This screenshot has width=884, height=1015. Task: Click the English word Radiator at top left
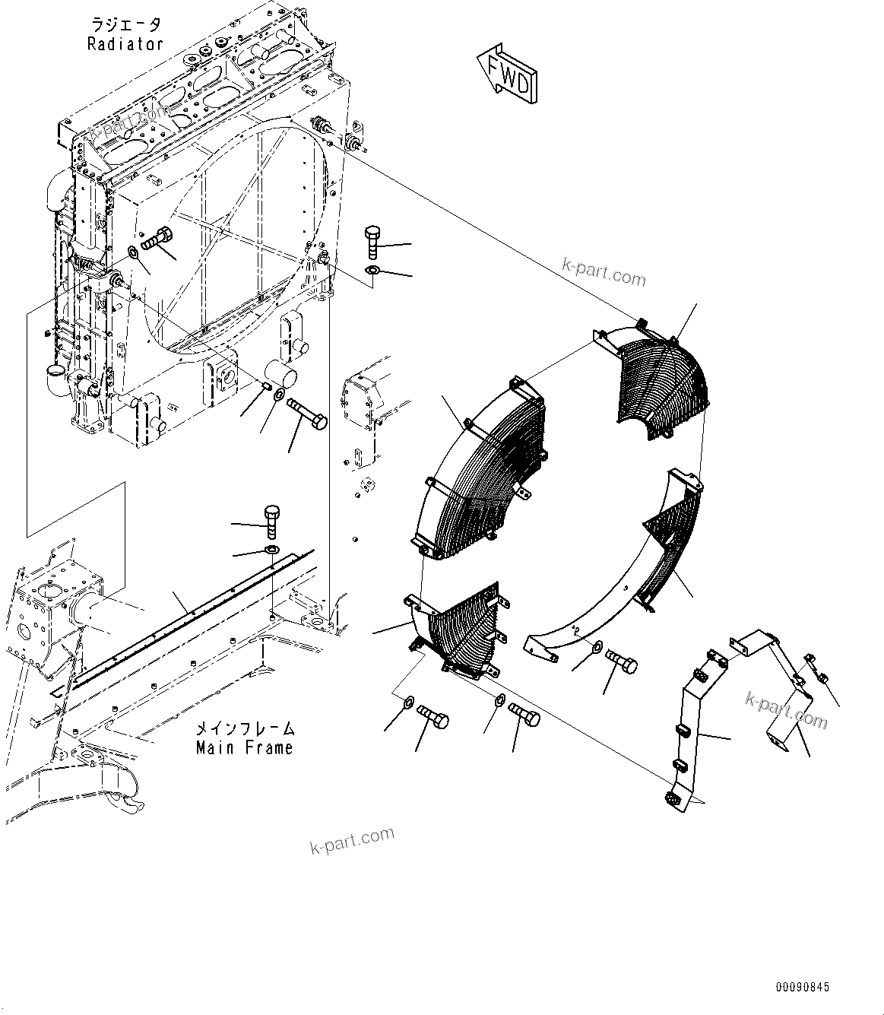[125, 44]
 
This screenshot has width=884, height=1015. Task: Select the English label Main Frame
[244, 748]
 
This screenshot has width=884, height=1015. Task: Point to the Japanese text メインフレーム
[244, 729]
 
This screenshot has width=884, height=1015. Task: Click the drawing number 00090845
[803, 987]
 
